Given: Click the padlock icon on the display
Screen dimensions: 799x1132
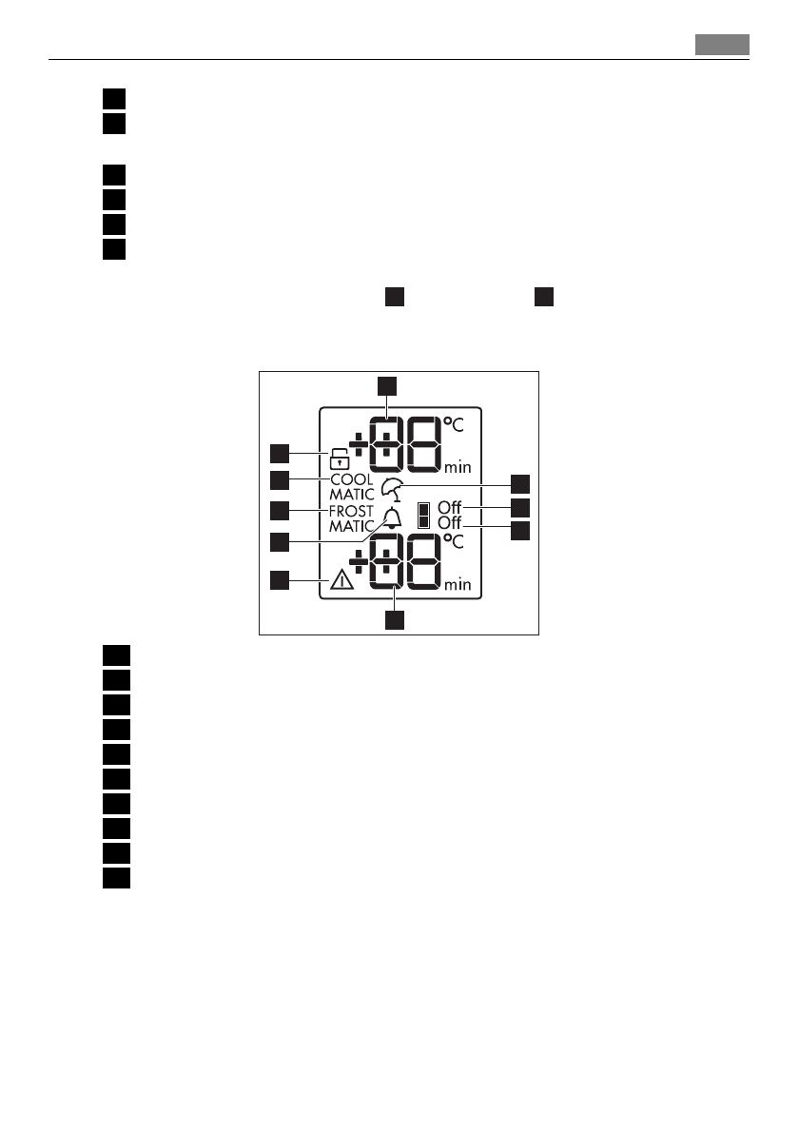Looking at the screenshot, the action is pos(339,458).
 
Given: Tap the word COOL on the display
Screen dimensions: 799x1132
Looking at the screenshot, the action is pos(352,479).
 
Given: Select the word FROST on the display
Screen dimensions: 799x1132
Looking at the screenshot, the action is pos(352,511).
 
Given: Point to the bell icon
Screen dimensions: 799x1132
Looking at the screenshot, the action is pos(392,518).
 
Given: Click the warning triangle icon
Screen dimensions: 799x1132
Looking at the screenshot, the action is pos(341,582).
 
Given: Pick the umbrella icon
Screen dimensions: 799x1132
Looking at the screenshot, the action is pos(391,490).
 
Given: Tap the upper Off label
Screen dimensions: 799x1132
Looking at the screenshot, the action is pos(450,507).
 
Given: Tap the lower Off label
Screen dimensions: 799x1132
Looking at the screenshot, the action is pos(450,523).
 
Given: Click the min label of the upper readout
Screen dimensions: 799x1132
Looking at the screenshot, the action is pos(458,468).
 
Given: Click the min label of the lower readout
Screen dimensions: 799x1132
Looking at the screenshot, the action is pos(458,584).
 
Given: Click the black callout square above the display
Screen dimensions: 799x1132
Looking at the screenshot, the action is pos(386,385).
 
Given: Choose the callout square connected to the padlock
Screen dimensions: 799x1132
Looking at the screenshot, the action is pos(280,452).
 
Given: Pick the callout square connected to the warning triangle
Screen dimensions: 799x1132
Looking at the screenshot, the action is pos(280,579).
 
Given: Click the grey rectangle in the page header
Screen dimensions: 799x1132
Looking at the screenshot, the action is pos(721,45).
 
